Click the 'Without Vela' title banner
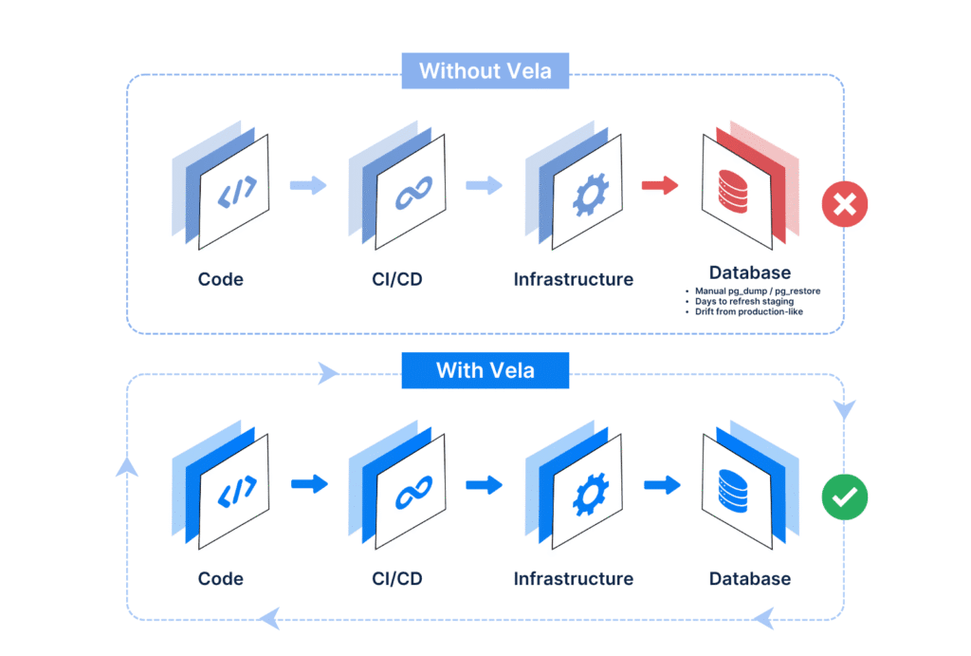coord(485,71)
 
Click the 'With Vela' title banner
coord(485,370)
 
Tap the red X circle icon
coord(844,204)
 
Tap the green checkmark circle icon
coord(844,497)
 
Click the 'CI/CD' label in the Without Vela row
coord(397,279)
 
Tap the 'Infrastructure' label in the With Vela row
coord(574,578)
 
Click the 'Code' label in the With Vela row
coord(221,578)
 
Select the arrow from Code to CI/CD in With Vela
coord(308,484)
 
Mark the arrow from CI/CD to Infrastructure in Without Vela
coord(484,185)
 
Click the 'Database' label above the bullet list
coord(750,273)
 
